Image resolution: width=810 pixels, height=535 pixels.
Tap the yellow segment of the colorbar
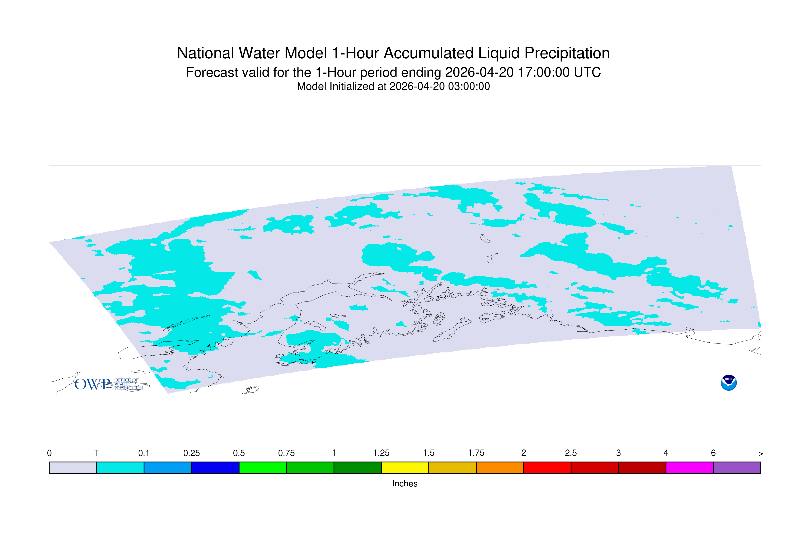pyautogui.click(x=405, y=468)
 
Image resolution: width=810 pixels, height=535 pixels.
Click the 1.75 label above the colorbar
pyautogui.click(x=476, y=453)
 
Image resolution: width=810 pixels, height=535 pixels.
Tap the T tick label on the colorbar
pyautogui.click(x=97, y=453)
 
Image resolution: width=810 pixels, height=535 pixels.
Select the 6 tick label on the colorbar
pyautogui.click(x=713, y=453)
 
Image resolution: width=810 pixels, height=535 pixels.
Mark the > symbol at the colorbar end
pyautogui.click(x=761, y=454)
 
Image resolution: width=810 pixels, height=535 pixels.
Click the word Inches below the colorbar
pyautogui.click(x=405, y=483)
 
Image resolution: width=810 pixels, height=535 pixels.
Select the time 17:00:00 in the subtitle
pyautogui.click(x=544, y=72)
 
